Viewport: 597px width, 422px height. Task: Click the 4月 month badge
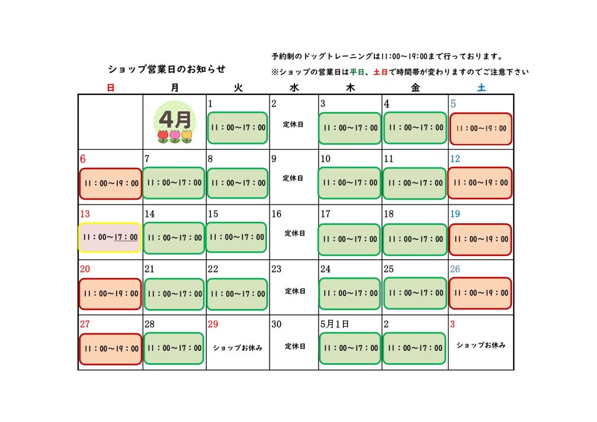click(175, 122)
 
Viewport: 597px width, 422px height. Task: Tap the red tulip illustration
click(163, 136)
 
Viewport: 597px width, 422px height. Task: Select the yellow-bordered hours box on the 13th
click(110, 237)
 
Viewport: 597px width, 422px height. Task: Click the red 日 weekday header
click(110, 88)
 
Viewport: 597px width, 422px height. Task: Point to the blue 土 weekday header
click(481, 88)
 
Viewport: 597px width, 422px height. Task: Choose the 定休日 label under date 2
click(293, 124)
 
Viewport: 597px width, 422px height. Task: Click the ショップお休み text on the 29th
click(238, 348)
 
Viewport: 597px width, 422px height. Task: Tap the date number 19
click(455, 214)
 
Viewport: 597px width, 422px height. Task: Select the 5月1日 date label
click(334, 324)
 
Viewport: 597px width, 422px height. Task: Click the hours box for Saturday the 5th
click(480, 129)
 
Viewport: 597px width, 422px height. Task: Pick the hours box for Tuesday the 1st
click(238, 128)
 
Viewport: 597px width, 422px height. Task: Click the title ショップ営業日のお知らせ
click(167, 69)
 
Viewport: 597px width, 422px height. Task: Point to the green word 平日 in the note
click(357, 72)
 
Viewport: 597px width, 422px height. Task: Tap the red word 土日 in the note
click(380, 72)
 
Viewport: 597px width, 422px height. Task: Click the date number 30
click(276, 324)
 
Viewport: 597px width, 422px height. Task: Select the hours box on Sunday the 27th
click(110, 349)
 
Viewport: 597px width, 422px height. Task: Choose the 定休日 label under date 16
click(294, 233)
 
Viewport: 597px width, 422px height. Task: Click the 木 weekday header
click(350, 88)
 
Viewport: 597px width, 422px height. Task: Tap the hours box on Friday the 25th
click(415, 293)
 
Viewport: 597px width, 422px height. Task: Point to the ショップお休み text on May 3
click(481, 345)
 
